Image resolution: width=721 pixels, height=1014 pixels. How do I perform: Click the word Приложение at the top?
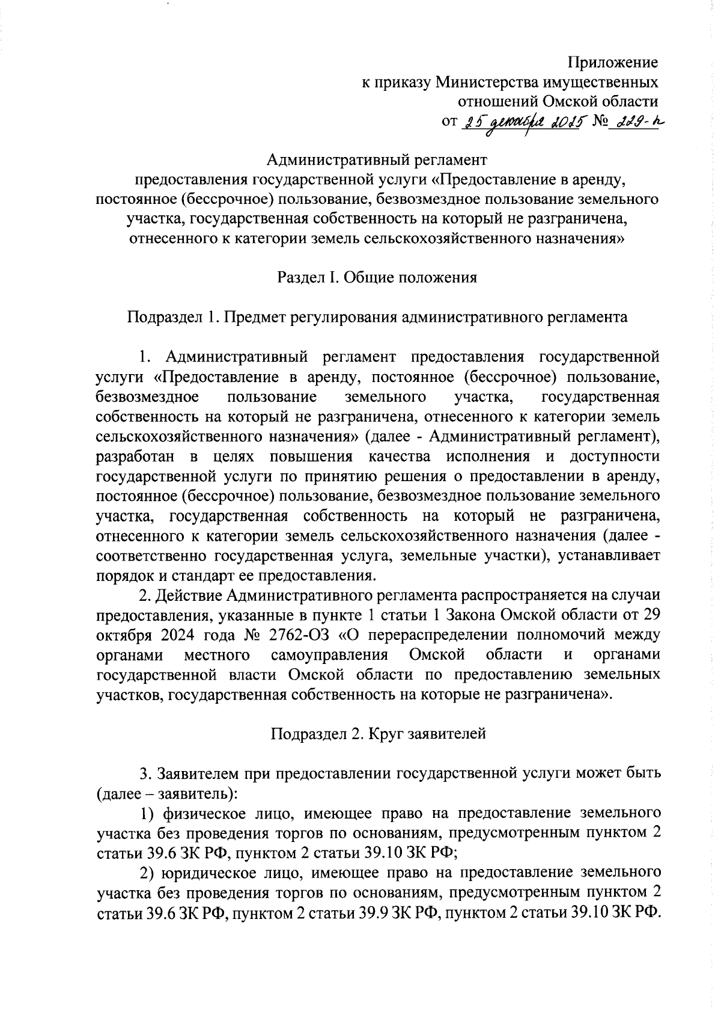(x=613, y=63)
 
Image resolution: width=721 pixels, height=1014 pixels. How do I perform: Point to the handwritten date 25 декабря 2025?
(x=523, y=122)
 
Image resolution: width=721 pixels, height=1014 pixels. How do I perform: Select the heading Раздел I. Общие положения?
(x=377, y=277)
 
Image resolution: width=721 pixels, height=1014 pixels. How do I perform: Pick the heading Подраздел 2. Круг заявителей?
(x=377, y=734)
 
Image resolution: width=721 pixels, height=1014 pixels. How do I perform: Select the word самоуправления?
(x=329, y=654)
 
